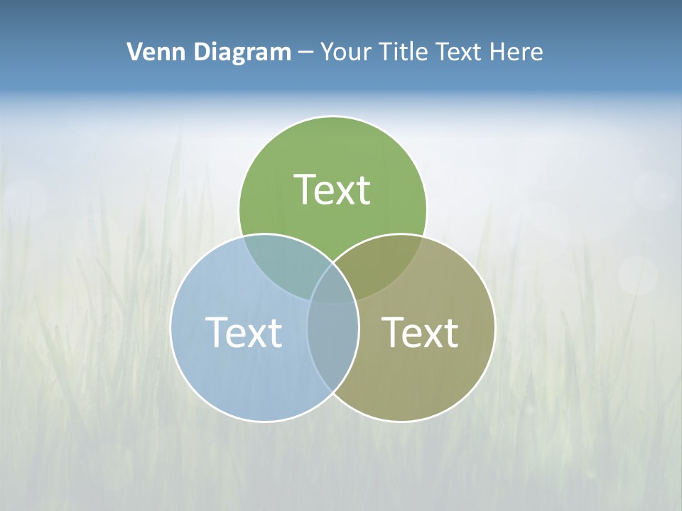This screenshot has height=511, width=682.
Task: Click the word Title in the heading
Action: pyautogui.click(x=407, y=52)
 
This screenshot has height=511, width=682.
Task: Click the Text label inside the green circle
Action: pyautogui.click(x=332, y=189)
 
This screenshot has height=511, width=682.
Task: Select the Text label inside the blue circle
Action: pyautogui.click(x=244, y=332)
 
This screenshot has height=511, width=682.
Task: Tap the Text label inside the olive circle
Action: pyautogui.click(x=421, y=332)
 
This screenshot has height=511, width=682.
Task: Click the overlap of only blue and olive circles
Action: pyautogui.click(x=332, y=348)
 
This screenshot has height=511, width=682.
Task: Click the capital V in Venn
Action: pyautogui.click(x=134, y=52)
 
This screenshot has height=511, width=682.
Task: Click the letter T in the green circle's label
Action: pyautogui.click(x=305, y=189)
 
